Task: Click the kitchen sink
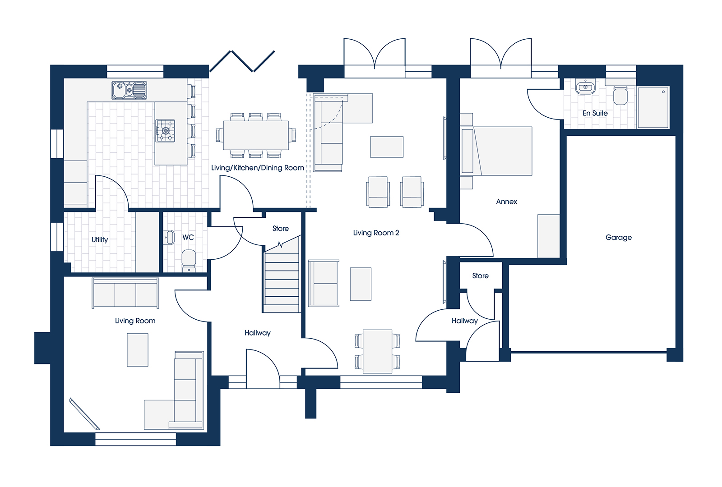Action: tap(129, 90)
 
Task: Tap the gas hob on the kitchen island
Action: tap(165, 130)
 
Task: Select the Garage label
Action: tap(618, 237)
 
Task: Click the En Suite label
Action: tap(595, 113)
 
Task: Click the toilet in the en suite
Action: tap(620, 95)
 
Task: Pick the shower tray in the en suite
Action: tap(653, 107)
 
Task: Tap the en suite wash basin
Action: tap(585, 87)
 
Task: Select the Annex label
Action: tap(506, 202)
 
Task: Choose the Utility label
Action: tap(100, 239)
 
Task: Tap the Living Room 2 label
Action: tap(376, 233)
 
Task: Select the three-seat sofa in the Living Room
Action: tap(125, 293)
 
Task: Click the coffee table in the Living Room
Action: tap(138, 350)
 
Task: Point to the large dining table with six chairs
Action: tap(256, 135)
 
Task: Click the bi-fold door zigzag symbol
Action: tap(242, 61)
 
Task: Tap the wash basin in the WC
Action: tap(169, 237)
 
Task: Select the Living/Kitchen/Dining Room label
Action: tap(258, 168)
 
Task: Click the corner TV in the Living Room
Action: tap(84, 414)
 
